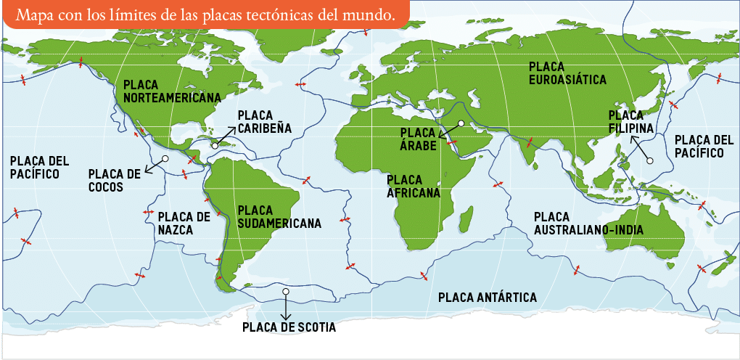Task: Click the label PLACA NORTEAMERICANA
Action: point(172,91)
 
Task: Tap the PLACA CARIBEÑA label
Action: point(264,121)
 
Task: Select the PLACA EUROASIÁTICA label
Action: point(567,73)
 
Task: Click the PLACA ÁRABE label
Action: point(418,139)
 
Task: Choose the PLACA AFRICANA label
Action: point(414,186)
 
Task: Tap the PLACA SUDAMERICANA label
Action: point(279,216)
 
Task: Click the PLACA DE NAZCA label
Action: point(184,223)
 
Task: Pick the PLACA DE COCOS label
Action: point(114,180)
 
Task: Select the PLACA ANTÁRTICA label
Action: point(488,298)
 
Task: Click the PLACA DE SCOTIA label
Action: point(289,327)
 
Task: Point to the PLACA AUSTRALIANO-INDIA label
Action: point(588,224)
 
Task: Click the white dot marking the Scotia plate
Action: point(286,292)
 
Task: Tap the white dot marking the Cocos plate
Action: point(165,158)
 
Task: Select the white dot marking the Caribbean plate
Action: point(215,146)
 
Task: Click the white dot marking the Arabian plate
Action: point(460,123)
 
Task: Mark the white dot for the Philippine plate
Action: point(650,160)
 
